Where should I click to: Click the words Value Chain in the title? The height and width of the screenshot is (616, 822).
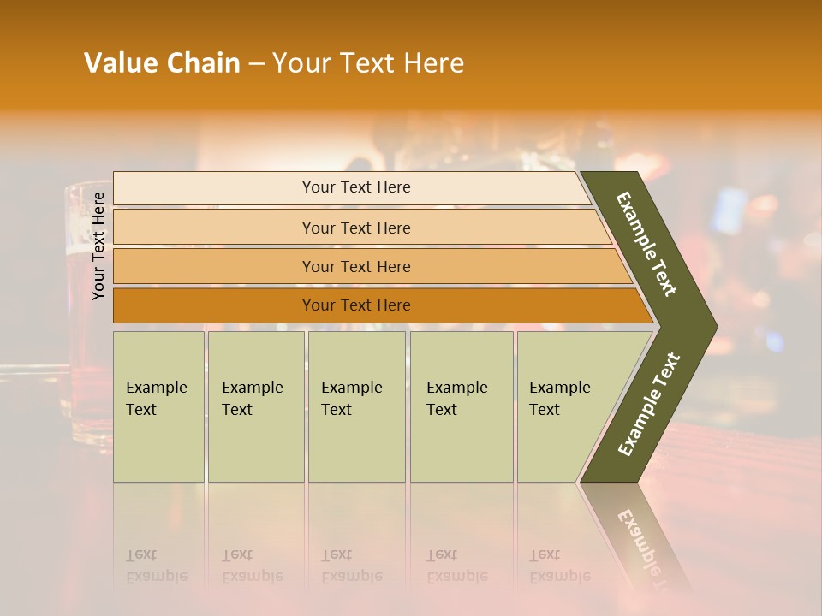(162, 63)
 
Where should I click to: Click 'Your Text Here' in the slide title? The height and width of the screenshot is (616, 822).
(368, 63)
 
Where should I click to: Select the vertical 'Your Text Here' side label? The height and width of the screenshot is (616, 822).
(98, 246)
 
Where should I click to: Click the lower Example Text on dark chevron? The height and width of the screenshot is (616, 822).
(649, 404)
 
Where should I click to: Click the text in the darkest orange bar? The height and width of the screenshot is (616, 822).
(356, 305)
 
